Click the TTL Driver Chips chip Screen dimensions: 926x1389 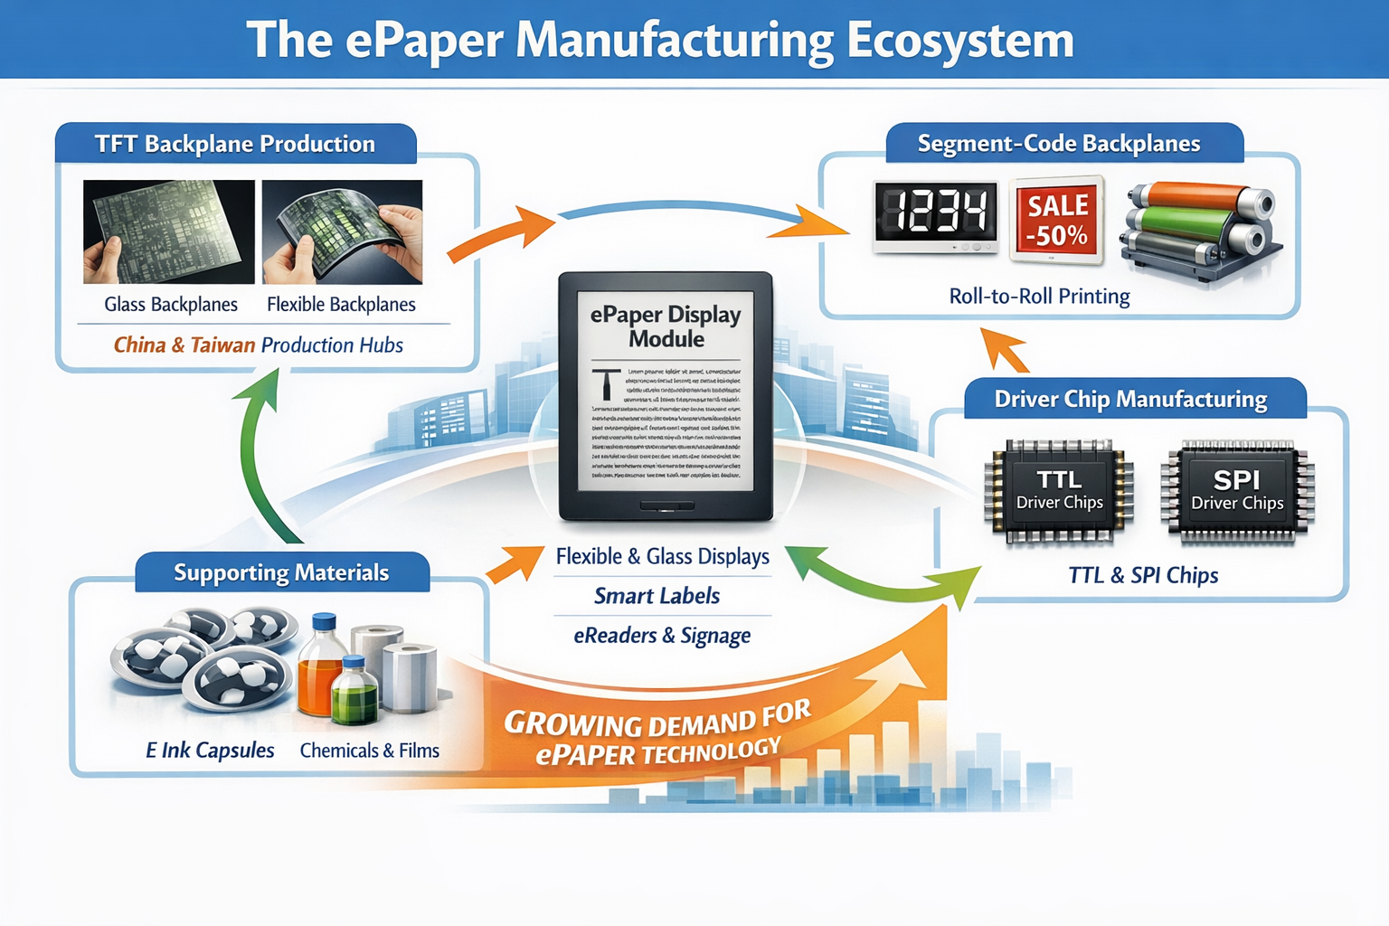click(x=1059, y=491)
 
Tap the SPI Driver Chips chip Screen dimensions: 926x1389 click(x=1237, y=491)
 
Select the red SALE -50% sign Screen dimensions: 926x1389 click(x=1056, y=220)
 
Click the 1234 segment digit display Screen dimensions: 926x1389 click(x=935, y=215)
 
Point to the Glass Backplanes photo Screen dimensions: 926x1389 click(x=169, y=231)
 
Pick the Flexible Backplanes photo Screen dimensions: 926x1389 click(x=342, y=231)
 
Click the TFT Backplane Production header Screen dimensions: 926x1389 click(x=235, y=144)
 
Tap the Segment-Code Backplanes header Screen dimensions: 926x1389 click(x=1059, y=144)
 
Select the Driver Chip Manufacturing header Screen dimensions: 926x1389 click(x=1130, y=399)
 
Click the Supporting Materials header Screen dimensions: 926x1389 click(x=281, y=572)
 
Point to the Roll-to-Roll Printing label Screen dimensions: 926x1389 click(x=1039, y=297)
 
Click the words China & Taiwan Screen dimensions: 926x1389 click(x=184, y=345)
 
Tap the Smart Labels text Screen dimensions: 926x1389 click(x=657, y=596)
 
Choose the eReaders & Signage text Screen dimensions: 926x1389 click(x=662, y=636)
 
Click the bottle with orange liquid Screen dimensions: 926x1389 click(x=320, y=669)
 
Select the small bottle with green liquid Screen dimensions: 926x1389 click(x=354, y=694)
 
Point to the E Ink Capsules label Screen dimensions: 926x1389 click(x=210, y=751)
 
